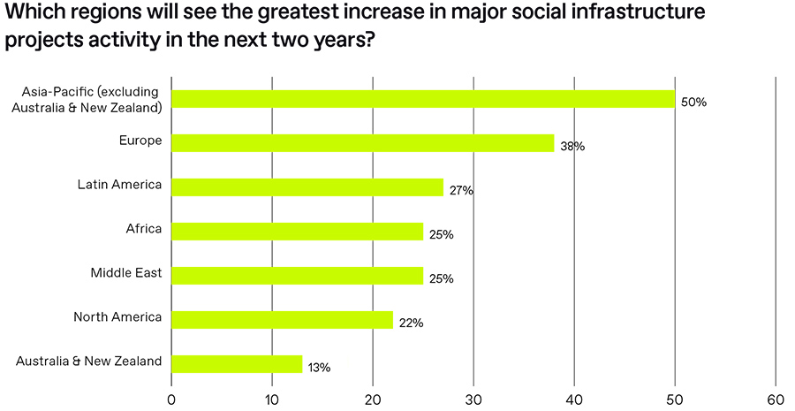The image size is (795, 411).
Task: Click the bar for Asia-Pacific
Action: coord(422,99)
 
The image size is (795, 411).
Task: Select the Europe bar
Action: coord(362,143)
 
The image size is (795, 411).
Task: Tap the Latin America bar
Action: coord(307,187)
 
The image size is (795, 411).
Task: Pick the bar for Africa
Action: coord(297,232)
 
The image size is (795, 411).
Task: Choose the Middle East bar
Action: coord(297,276)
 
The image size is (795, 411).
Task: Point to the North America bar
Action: coord(282,320)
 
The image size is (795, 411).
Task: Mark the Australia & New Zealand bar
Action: coord(237,364)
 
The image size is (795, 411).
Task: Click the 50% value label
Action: coord(693,103)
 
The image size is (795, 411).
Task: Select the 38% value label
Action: coord(572,147)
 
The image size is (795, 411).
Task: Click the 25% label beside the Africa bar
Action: coord(441,235)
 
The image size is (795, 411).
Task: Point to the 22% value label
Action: coord(411,323)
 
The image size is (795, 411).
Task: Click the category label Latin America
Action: coord(119,185)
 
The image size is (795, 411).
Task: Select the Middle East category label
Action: coord(125,273)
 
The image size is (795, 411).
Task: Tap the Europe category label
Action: coord(140,141)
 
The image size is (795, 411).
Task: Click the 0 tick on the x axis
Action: coord(170,397)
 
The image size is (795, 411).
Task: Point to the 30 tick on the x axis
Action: coord(473,397)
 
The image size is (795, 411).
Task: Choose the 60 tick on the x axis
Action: coord(776,397)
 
